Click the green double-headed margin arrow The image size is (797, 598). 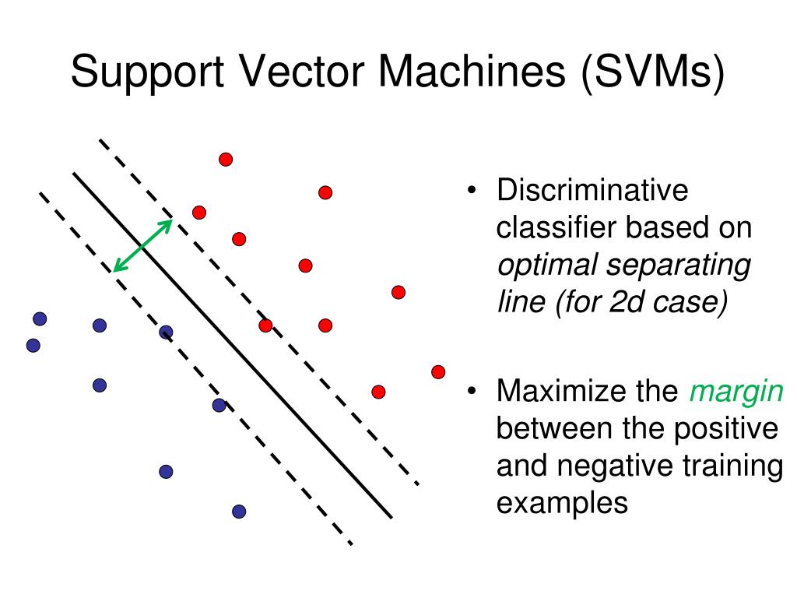142,246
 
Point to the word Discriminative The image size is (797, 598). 593,191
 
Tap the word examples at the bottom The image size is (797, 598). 562,502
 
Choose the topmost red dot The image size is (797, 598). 226,159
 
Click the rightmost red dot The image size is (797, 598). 438,371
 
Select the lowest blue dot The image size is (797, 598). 239,512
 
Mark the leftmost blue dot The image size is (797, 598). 33,345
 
